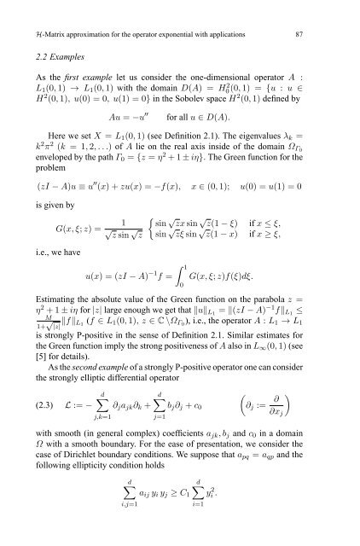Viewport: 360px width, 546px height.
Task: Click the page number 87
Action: (339, 10)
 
